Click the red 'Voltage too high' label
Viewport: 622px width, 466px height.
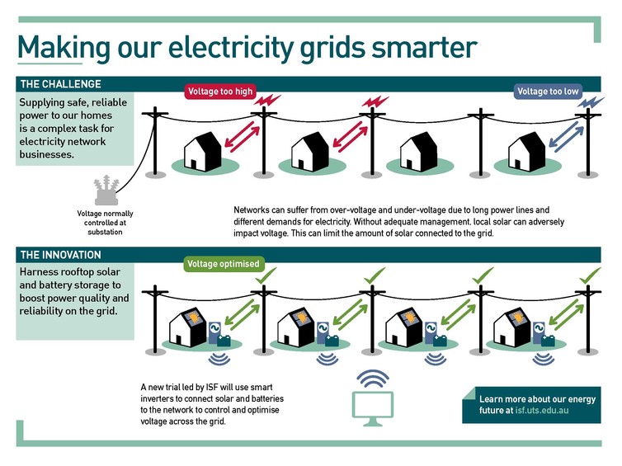coord(219,92)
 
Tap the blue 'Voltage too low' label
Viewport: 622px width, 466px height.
coord(548,92)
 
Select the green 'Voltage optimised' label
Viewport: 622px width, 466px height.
coord(223,264)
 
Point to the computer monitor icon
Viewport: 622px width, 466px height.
coord(374,407)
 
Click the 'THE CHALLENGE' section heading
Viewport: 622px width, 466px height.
coord(61,84)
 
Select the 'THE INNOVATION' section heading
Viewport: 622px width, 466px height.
coord(61,255)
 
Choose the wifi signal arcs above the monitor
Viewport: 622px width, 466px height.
coord(374,379)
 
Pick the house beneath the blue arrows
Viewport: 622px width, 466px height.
coord(525,151)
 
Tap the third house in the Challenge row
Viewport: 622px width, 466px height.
coord(417,153)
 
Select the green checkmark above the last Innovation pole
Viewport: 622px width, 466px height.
coord(587,275)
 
